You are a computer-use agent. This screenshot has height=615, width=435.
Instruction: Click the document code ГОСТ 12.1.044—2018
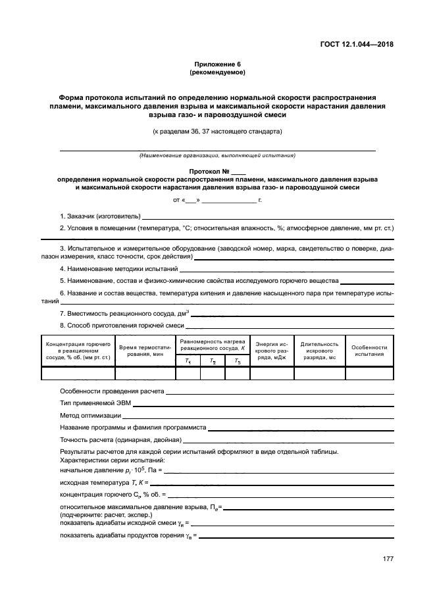(360, 45)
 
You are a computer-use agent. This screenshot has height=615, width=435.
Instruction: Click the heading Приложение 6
(217, 64)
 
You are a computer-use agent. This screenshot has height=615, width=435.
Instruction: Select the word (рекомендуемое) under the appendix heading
(217, 72)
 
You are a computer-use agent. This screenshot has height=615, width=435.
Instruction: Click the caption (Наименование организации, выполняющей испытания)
(217, 156)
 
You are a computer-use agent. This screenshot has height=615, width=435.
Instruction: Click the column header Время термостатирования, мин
(145, 350)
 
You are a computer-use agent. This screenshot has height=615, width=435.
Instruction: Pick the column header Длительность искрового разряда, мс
(319, 350)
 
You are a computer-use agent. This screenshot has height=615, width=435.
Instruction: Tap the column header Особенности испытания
(369, 350)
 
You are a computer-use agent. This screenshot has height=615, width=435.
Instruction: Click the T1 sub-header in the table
(188, 360)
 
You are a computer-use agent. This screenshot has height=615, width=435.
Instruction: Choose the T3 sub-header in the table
(237, 360)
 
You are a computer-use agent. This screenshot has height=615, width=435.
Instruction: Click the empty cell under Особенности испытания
(369, 374)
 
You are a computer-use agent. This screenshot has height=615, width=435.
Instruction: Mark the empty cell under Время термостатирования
(145, 374)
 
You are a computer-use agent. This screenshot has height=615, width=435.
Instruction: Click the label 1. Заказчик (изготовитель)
(100, 216)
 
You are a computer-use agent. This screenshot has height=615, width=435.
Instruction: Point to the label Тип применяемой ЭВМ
(90, 403)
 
